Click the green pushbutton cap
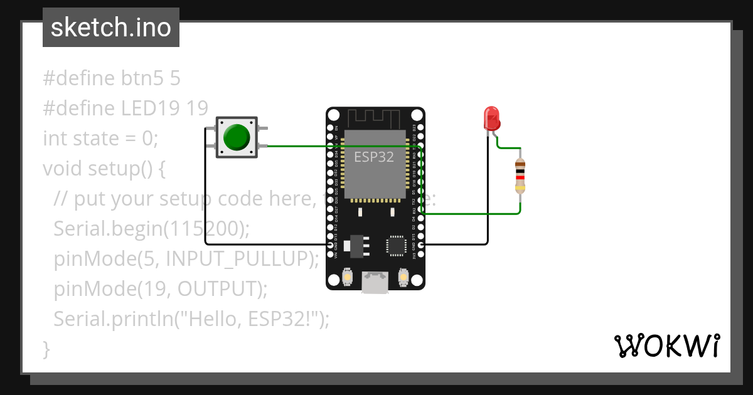[237, 137]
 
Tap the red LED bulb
[491, 118]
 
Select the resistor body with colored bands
[520, 176]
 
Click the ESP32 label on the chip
[374, 157]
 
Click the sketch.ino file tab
[111, 28]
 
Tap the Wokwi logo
[666, 345]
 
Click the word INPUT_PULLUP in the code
[242, 258]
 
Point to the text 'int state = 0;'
[100, 138]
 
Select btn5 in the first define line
[142, 78]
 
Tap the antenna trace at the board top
[374, 117]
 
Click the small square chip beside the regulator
[397, 245]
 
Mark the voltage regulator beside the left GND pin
[355, 245]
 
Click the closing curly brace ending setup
[46, 349]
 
